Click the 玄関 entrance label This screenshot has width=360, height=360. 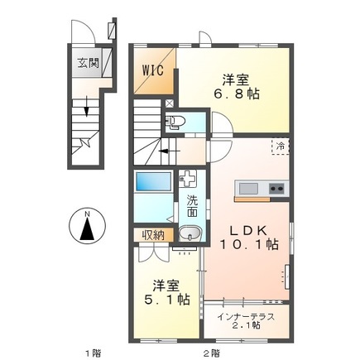tap(87, 63)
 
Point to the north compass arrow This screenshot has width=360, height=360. tap(87, 228)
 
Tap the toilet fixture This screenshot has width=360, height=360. tap(175, 122)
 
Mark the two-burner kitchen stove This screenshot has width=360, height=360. tap(274, 189)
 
